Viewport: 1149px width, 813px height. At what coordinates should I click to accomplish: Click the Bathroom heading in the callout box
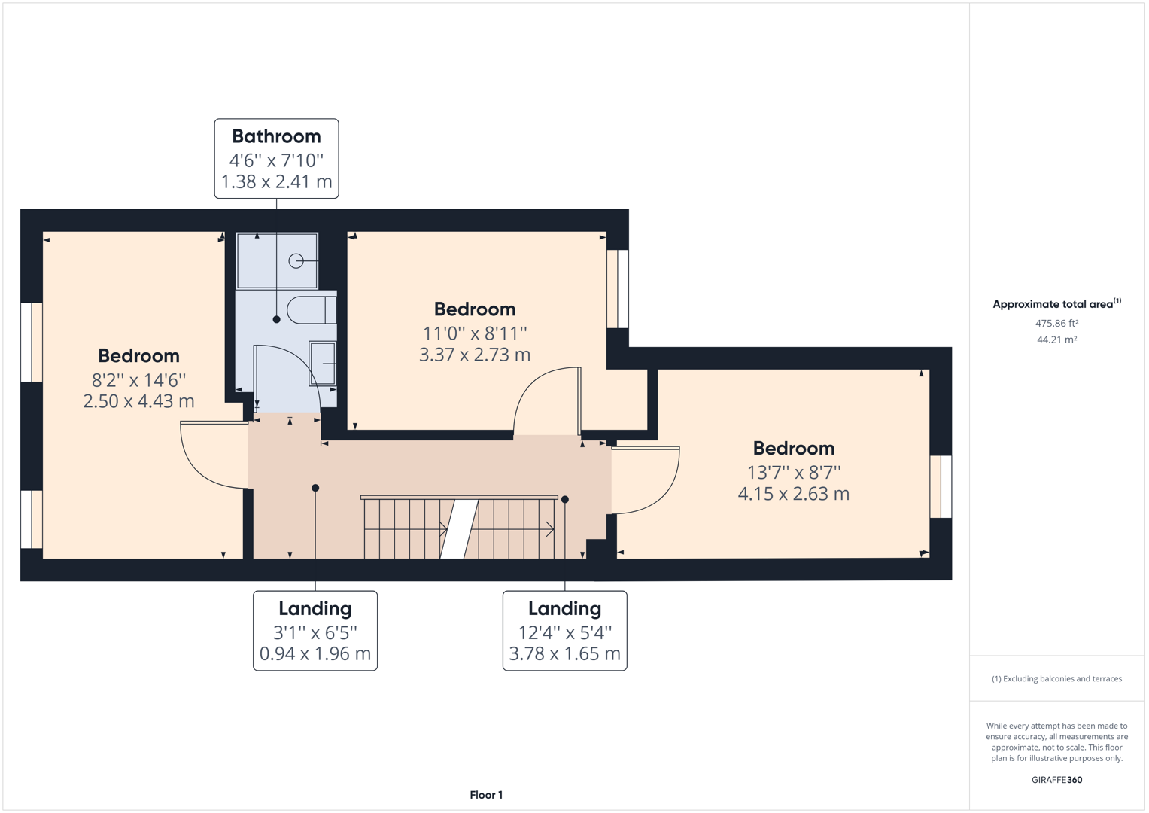276,136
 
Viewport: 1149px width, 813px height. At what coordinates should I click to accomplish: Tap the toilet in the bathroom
310,310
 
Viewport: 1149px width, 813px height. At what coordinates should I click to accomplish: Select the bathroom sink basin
324,364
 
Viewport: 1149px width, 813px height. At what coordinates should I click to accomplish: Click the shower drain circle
296,261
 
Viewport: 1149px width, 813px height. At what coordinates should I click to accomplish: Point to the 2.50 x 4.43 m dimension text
138,401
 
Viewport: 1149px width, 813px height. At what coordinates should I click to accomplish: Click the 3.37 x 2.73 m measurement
475,355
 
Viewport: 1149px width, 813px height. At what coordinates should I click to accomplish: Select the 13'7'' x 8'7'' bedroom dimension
794,472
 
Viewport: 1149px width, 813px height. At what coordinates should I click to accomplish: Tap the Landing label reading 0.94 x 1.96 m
315,653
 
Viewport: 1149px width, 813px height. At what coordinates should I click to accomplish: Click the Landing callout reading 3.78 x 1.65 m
564,653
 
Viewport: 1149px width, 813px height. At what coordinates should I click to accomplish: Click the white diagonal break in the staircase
459,529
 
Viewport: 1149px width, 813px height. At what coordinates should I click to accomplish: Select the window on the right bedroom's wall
941,486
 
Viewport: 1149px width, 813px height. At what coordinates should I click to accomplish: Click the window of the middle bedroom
618,289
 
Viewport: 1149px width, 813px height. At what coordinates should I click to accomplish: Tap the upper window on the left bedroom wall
32,343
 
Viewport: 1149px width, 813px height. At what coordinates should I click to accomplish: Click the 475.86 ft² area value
1056,324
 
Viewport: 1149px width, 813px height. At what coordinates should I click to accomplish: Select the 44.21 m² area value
1056,340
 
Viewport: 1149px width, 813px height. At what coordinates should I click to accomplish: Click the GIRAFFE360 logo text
1056,780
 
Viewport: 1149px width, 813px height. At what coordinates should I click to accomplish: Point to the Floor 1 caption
486,795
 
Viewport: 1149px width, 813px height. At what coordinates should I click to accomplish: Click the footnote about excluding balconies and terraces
1056,679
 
